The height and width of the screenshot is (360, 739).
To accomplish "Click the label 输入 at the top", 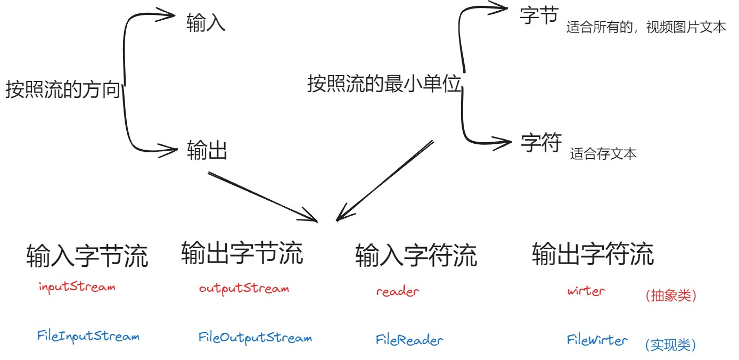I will [x=206, y=23].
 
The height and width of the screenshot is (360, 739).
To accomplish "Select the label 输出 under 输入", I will [x=207, y=151].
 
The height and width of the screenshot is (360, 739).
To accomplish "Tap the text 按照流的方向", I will [x=63, y=89].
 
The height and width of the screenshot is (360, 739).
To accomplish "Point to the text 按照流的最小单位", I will [x=384, y=84].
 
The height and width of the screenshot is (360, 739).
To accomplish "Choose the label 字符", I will [x=541, y=143].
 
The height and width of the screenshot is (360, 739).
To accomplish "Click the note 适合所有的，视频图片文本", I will [x=646, y=28].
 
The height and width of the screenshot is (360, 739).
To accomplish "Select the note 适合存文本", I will [x=603, y=154].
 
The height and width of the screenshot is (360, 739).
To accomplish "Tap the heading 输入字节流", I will [x=87, y=256].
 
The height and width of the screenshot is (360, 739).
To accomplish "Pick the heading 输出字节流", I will [x=242, y=252].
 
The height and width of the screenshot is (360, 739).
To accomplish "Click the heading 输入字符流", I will [x=416, y=255].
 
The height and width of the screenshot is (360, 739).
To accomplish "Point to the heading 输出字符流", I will [x=593, y=253].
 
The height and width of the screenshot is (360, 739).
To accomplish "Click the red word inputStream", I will [x=77, y=287].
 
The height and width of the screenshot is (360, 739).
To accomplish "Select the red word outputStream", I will [x=244, y=289].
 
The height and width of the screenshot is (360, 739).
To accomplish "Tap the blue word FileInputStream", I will [x=88, y=336].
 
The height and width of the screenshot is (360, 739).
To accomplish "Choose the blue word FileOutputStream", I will [x=255, y=338].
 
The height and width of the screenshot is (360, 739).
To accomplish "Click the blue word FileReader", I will [x=409, y=340].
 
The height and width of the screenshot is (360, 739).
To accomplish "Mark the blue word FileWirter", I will [x=597, y=340].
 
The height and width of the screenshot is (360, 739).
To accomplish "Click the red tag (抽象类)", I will [x=670, y=296].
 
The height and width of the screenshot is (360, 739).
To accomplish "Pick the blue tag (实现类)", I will [x=670, y=345].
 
